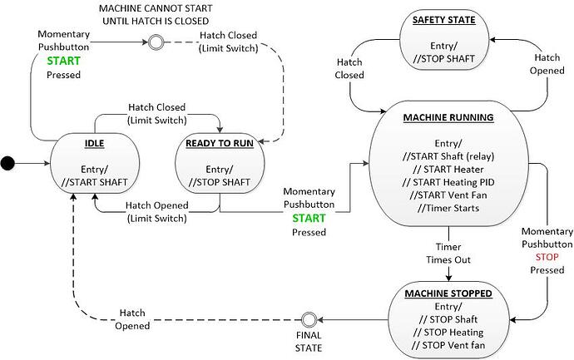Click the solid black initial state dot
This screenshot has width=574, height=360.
click(7, 163)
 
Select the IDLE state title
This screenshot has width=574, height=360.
click(93, 144)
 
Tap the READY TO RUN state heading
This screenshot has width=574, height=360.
click(220, 144)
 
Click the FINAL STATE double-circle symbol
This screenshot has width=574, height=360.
click(309, 319)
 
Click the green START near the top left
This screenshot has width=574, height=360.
click(63, 62)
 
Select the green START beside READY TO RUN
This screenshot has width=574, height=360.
click(309, 219)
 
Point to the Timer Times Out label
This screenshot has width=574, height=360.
click(449, 253)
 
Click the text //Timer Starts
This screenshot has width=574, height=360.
click(450, 208)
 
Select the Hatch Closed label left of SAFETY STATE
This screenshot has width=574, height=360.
click(349, 68)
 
